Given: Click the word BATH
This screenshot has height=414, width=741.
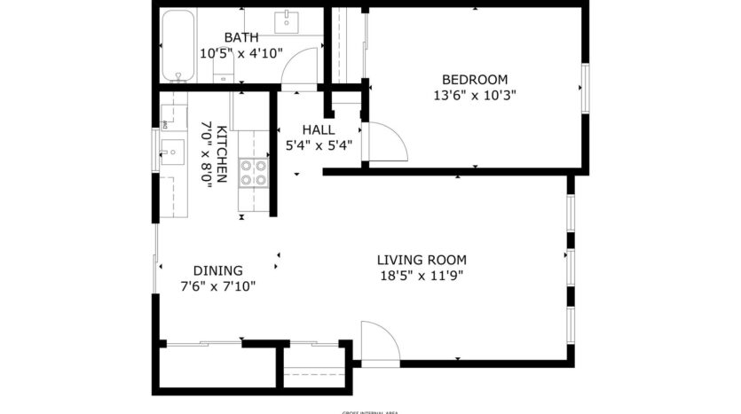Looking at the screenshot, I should (241, 37).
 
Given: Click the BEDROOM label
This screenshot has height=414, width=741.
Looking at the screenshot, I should (475, 78).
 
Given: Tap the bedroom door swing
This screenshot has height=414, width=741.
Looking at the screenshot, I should (389, 140).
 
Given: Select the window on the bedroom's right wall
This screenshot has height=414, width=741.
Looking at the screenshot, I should (584, 89).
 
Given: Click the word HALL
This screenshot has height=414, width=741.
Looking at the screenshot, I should (318, 129).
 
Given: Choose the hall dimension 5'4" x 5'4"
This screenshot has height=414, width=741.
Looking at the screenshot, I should (318, 145).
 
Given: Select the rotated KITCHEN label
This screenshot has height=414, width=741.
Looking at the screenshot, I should (223, 152).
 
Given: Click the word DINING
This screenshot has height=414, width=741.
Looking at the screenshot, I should (218, 270).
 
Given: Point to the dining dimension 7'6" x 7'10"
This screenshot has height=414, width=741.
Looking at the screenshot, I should (218, 285).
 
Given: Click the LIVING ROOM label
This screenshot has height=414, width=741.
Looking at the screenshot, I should (422, 260).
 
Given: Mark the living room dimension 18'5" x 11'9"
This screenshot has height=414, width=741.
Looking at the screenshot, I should (422, 275).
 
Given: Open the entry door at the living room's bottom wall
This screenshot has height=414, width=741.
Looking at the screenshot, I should (380, 341).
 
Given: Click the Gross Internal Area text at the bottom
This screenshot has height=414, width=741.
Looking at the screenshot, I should (369, 411).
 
